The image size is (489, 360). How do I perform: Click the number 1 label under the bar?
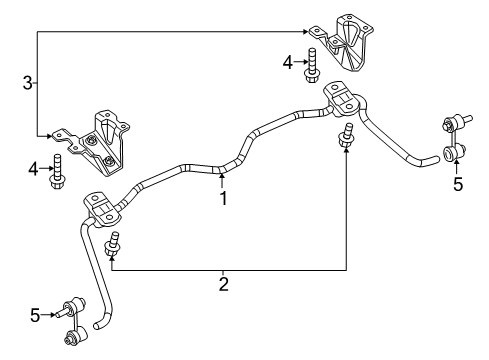click(x=224, y=198)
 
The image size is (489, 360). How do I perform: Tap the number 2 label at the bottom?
click(x=224, y=285)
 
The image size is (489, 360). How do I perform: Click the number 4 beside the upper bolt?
click(x=288, y=62)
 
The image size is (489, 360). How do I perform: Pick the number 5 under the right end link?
click(x=457, y=184)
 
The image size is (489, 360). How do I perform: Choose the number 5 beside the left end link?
click(x=36, y=316)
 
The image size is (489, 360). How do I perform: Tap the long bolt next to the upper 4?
click(x=311, y=64)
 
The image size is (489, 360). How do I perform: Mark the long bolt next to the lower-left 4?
click(x=58, y=170)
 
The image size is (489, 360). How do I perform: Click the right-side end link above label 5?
click(x=450, y=139)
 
